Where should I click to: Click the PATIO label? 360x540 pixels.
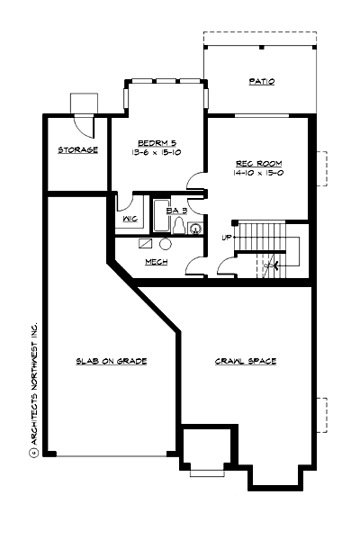click(x=261, y=82)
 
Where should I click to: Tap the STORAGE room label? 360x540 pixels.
click(x=78, y=149)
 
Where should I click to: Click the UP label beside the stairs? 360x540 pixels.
click(x=227, y=238)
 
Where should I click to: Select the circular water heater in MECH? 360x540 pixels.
click(x=166, y=244)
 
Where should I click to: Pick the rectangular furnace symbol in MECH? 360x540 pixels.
click(x=146, y=243)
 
